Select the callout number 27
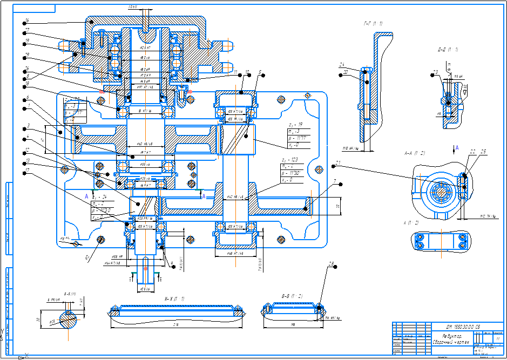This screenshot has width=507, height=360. [x=27, y=30]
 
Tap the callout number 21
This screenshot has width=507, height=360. [x=338, y=162]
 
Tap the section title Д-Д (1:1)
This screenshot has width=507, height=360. [x=448, y=50]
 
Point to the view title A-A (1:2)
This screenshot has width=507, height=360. [x=415, y=153]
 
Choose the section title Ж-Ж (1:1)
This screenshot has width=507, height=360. [x=174, y=298]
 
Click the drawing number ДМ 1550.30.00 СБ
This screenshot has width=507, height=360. [x=463, y=327]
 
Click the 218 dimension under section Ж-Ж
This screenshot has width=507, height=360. [x=177, y=325]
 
